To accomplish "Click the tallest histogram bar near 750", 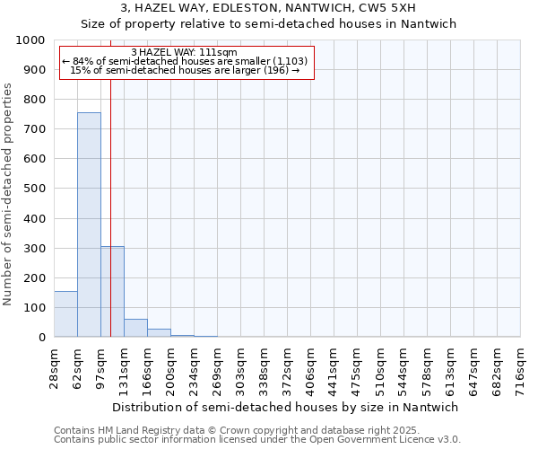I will [x=89, y=224].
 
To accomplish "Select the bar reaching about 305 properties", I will [x=112, y=292].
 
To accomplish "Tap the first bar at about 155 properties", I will [x=65, y=314].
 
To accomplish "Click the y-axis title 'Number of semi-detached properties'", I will [x=8, y=194].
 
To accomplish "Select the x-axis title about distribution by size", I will [x=287, y=407].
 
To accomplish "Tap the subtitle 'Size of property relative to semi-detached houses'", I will [x=269, y=24].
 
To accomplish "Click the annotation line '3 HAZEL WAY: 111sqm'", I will [x=184, y=52].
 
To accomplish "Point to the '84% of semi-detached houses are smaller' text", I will [x=186, y=61].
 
